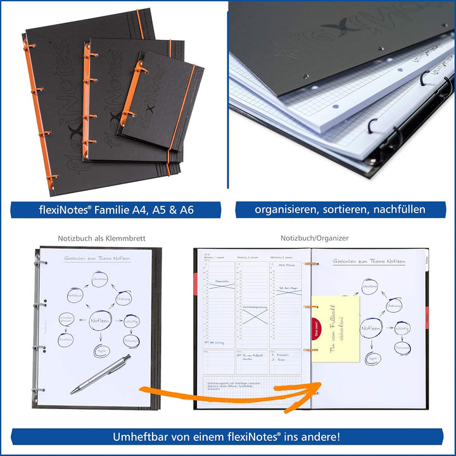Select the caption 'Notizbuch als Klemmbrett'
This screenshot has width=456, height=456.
coord(101,239)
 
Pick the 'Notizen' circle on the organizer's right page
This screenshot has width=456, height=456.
coord(371,329)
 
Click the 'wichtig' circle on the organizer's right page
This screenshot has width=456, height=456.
coord(402,329)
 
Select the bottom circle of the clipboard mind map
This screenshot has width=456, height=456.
coord(101,351)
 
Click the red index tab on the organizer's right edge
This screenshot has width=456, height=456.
coord(427,316)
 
